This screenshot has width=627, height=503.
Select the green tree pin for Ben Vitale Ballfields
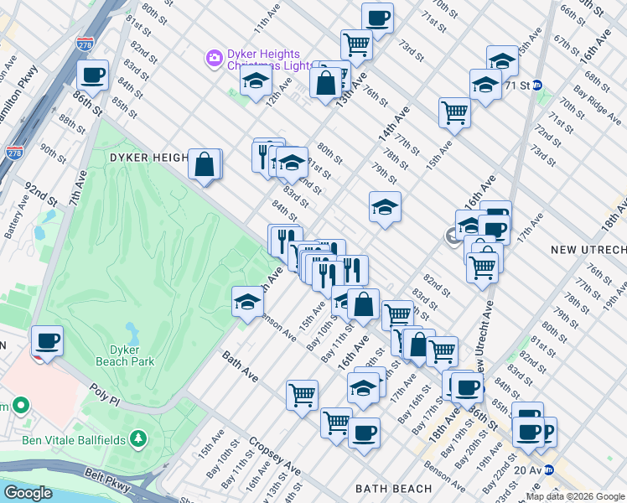point(138,439)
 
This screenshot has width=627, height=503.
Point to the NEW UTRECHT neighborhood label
point(588,251)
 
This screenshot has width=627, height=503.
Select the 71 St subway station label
point(517,85)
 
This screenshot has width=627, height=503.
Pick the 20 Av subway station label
point(531,470)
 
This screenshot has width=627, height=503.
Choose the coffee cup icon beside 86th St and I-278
point(92,75)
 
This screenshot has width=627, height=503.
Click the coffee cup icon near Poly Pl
point(47,341)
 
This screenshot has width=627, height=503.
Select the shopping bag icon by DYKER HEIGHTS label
point(205,164)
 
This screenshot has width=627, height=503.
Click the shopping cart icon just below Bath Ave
point(302,395)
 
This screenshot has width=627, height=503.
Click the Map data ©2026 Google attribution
point(575,496)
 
